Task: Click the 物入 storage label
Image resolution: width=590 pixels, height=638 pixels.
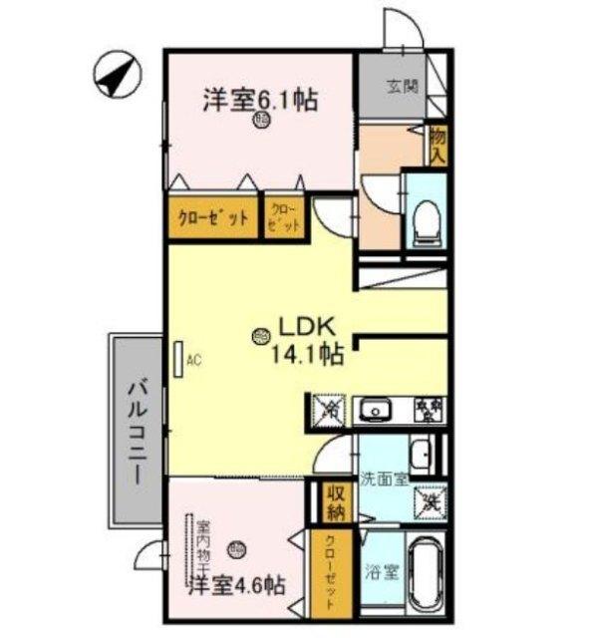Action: (x=437, y=146)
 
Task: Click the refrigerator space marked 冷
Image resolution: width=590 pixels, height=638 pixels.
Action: (x=330, y=409)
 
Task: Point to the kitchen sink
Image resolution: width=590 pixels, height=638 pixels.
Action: (x=376, y=409)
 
